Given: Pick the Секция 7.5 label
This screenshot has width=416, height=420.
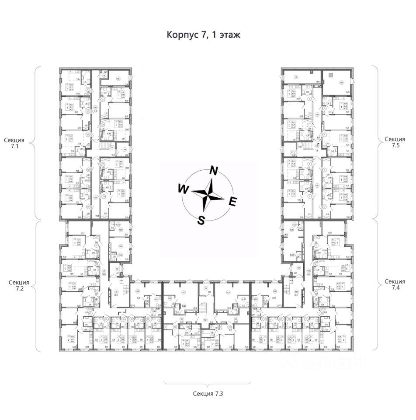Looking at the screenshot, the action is point(395,143).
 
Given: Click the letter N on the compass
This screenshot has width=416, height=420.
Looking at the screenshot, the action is point(214,171).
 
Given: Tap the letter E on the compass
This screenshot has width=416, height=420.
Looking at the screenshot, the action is point(233,202).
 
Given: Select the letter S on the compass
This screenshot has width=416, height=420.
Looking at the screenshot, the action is point(201,220).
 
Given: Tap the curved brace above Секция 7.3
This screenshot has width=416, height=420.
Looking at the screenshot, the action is point(208,383).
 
